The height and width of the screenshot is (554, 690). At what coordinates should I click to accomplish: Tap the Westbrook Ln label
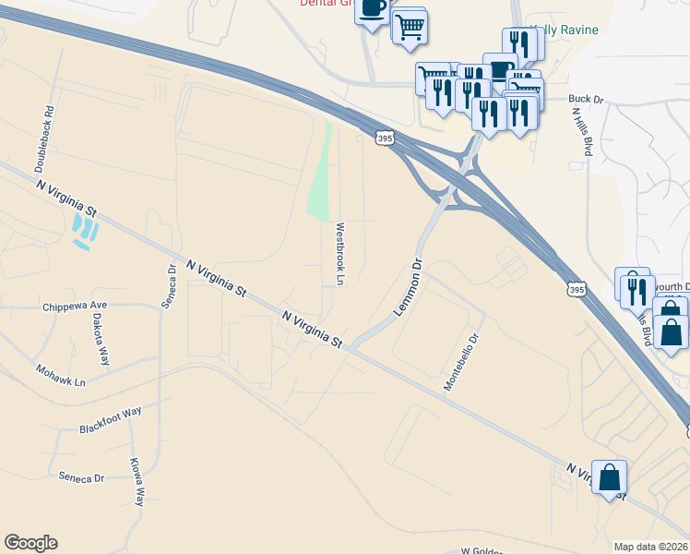pos(339,253)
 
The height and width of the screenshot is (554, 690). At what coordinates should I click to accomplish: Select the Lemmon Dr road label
pos(407,288)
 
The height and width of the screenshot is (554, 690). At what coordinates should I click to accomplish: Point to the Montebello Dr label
pos(462,362)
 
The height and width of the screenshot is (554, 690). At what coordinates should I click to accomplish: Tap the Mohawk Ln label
pos(60,377)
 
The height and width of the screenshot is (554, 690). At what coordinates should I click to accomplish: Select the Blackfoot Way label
pos(110,421)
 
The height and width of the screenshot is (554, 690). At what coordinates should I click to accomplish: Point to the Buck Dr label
pos(585,98)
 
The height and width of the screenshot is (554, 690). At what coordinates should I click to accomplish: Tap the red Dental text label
pos(326,4)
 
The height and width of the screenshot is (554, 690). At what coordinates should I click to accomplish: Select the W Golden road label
pos(479,550)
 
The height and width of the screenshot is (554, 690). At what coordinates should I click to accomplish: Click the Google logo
pos(30,543)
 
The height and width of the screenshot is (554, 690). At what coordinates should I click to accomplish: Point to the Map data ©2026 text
pos(651,547)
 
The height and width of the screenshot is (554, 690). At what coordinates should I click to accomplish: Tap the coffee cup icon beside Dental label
pos(372,9)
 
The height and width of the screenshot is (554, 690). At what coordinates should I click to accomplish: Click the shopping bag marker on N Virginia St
pos(609,477)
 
